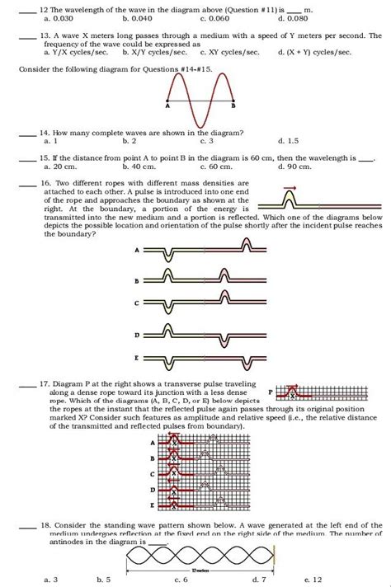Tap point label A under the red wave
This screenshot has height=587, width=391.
pos(167,107)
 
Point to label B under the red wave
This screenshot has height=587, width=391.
pos(234,107)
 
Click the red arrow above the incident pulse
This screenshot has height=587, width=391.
pos(290,189)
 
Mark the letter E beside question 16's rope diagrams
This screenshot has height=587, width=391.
pos(136,360)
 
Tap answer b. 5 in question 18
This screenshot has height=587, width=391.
pos(103,580)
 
